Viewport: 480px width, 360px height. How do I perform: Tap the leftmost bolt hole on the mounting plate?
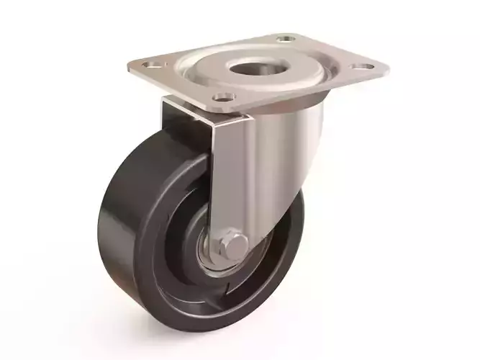(151, 66)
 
